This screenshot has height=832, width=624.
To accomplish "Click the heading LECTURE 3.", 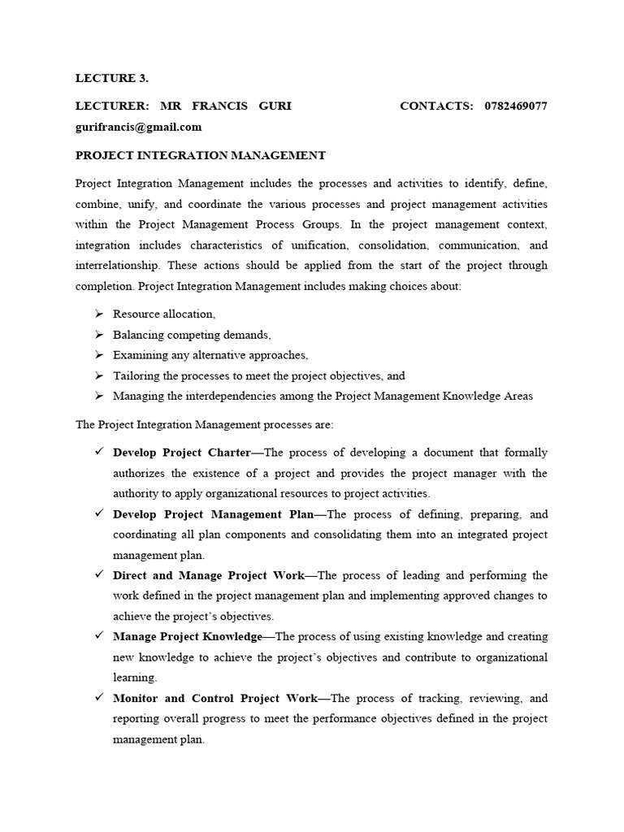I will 111,78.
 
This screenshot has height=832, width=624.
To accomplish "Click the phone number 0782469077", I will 515,106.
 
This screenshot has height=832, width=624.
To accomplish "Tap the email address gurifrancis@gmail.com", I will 138,127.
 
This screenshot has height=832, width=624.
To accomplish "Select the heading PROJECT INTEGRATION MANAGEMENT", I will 200,154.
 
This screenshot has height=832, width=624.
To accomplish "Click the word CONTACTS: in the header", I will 436,106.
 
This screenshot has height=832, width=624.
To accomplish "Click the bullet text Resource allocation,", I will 164,314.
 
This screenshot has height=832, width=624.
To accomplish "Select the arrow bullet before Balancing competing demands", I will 98,335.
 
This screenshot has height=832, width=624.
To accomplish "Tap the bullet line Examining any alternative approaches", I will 210,355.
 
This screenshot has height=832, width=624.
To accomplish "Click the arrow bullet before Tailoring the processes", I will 98,376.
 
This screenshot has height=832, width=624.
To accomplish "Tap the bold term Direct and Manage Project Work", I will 209,575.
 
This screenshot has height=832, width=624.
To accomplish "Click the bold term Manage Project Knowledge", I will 187,636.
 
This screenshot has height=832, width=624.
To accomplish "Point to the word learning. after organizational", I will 135,677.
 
